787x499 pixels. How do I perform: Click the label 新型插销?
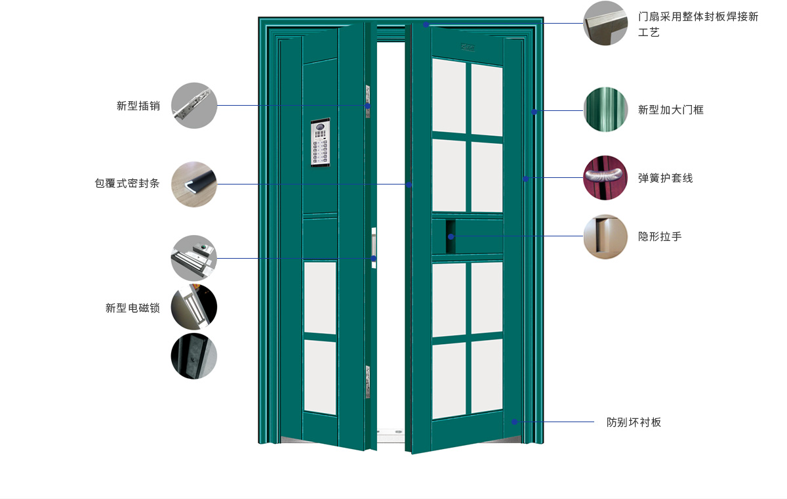pyautogui.click(x=138, y=106)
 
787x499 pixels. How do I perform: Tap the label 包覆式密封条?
pyautogui.click(x=127, y=183)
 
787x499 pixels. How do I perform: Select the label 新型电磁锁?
pyautogui.click(x=132, y=308)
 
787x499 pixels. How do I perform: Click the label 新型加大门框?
pyautogui.click(x=671, y=110)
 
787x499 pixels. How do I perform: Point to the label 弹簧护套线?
pyautogui.click(x=666, y=178)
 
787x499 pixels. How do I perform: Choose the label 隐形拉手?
pyautogui.click(x=660, y=236)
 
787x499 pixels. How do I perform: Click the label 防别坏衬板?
pyautogui.click(x=634, y=422)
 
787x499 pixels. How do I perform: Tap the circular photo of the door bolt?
pyautogui.click(x=194, y=106)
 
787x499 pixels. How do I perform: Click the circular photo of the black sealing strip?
pyautogui.click(x=194, y=184)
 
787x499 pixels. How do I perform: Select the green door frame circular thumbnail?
pyautogui.click(x=605, y=110)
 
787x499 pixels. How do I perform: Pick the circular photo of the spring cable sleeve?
pyautogui.click(x=605, y=178)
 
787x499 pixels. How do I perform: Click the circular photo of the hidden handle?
pyautogui.click(x=605, y=236)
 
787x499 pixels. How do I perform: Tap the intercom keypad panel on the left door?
pyautogui.click(x=321, y=142)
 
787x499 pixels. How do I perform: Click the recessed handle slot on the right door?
pyautogui.click(x=451, y=236)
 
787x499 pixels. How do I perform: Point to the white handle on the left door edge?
pyautogui.click(x=374, y=248)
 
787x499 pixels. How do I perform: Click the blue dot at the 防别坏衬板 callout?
pyautogui.click(x=514, y=422)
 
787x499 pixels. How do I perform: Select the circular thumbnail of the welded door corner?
pyautogui.click(x=605, y=23)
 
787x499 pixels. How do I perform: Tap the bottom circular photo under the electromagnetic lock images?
pyautogui.click(x=194, y=356)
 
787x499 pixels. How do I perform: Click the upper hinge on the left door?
pyautogui.click(x=368, y=101)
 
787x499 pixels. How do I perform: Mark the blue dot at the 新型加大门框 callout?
pyautogui.click(x=534, y=112)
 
